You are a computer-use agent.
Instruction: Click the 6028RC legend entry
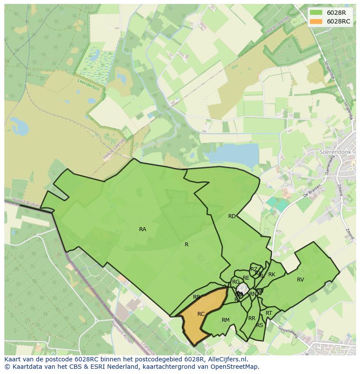point(333,21)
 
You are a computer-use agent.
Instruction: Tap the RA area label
point(143,229)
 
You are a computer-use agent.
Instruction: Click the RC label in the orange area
point(201,314)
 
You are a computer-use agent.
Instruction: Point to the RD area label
point(232,216)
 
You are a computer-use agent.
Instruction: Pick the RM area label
point(225,320)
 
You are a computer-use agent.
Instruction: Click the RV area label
point(300,280)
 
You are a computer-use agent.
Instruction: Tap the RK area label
point(272,275)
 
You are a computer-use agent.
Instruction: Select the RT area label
point(269,313)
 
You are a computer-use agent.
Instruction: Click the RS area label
point(260,325)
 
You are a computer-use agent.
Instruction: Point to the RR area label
point(252,318)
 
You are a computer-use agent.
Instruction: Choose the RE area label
point(246,278)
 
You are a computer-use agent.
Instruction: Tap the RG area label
point(236,282)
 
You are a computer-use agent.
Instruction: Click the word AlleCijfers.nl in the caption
point(227,360)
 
